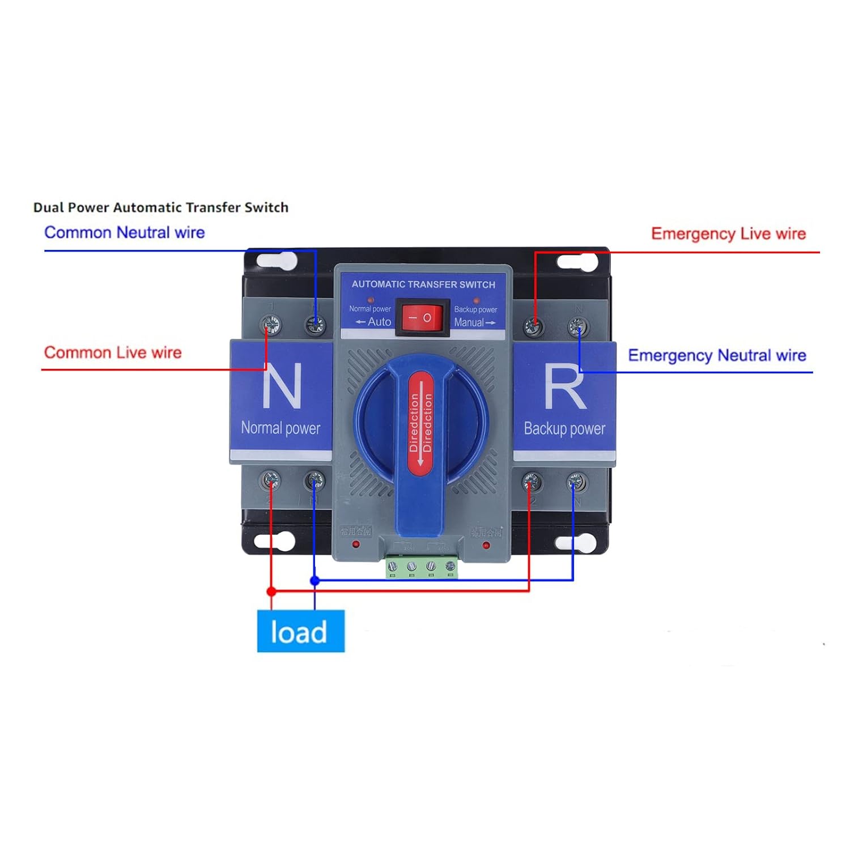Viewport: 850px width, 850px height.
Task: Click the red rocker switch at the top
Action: tap(422, 318)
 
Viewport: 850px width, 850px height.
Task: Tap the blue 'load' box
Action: tap(300, 631)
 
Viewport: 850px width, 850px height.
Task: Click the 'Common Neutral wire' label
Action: tap(124, 232)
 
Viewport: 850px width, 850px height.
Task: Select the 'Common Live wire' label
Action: tap(113, 352)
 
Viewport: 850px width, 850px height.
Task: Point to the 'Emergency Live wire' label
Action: tap(728, 233)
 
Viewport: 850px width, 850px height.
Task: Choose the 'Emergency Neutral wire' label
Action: tap(717, 355)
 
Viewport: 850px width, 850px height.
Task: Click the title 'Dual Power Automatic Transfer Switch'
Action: tap(161, 207)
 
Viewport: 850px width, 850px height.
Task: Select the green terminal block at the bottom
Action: tap(422, 566)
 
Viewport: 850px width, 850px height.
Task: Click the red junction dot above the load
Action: tap(271, 591)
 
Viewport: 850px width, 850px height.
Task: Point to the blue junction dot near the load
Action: tap(315, 580)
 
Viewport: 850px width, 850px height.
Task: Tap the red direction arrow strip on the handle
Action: tap(420, 422)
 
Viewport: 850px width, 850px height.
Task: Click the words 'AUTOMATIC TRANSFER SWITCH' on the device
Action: tap(423, 284)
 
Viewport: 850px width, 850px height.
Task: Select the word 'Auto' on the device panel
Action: tap(379, 322)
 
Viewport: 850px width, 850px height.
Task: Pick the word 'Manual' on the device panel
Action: tap(469, 322)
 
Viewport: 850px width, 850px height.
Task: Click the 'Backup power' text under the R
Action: tap(564, 428)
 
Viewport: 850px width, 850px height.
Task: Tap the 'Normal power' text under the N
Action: tap(280, 428)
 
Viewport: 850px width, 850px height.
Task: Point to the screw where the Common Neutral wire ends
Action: tap(315, 325)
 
